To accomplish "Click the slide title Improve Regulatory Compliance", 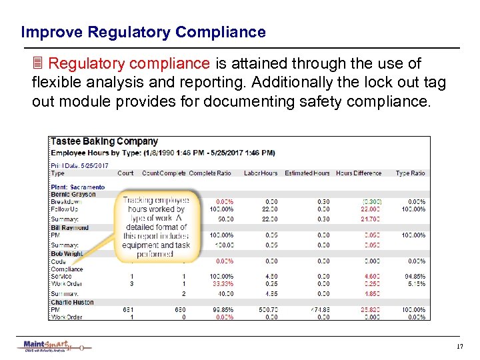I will tap(143, 32).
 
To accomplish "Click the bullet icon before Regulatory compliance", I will tap(38, 64).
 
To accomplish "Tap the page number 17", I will tap(459, 347).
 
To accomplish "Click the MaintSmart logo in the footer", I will tap(53, 346).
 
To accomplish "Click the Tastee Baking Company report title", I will tap(105, 141).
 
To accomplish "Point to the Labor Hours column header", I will tap(261, 173).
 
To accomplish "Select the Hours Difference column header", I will tap(359, 173).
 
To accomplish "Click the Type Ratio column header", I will tap(410, 173).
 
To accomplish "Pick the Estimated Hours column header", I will tap(307, 173).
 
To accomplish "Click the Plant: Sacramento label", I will tap(77, 187).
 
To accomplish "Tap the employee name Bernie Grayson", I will tap(73, 194).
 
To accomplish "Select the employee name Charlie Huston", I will tap(72, 302).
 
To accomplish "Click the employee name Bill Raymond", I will tap(70, 228).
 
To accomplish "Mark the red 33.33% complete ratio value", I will tap(224, 284).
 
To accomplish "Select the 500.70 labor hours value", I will tap(268, 310).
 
